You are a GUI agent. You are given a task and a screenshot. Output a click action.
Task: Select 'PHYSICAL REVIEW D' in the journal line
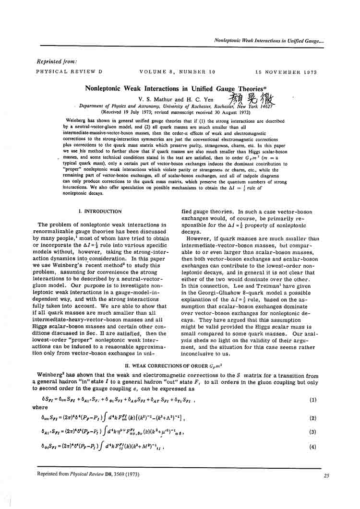point(69,72)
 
